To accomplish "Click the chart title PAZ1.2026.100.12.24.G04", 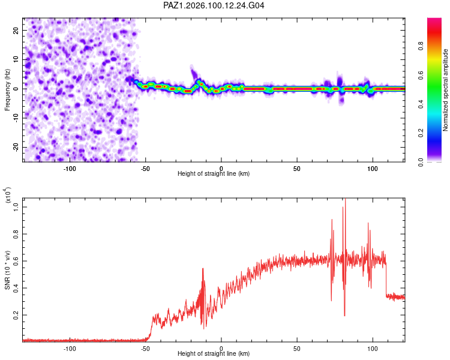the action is pos(214,5).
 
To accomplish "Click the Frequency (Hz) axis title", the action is pos(7,90).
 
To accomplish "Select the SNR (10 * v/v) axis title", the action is pos(7,270).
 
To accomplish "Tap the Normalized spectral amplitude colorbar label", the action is pos(445,90).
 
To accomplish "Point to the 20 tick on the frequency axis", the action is pos(16,30).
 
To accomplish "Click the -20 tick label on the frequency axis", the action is pos(16,147).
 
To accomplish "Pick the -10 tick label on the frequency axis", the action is pos(16,118).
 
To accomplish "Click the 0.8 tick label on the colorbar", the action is pos(421,46).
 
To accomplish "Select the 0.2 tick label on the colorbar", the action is pos(421,133).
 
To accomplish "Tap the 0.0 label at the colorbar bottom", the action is pos(421,162).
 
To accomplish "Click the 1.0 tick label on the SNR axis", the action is pos(16,207).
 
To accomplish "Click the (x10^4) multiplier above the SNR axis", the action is pos(7,195).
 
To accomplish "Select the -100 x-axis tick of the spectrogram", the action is pos(70,169).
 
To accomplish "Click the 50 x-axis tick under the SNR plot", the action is pos(297,349).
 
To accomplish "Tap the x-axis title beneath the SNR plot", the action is pos(214,353).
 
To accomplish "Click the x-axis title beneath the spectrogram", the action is pos(214,173).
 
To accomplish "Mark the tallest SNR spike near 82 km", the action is pos(345,199).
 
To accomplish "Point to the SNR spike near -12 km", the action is pos(203,269).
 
